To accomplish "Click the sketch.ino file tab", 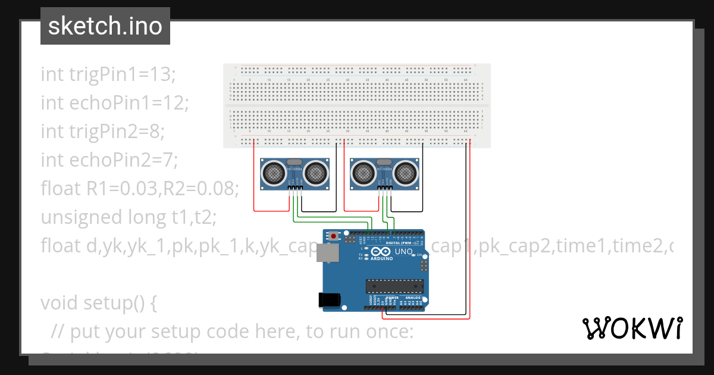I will [105, 26].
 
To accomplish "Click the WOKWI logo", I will [631, 328].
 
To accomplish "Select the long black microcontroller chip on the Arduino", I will [394, 286].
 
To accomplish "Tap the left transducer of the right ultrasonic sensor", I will [362, 173].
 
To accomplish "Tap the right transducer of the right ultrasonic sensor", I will [406, 173].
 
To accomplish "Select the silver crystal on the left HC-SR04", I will [295, 162].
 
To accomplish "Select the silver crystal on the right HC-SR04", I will [384, 162].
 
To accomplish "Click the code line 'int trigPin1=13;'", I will [108, 74].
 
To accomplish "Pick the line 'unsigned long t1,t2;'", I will [129, 217].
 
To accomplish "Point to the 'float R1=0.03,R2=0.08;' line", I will [139, 189].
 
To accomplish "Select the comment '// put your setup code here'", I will [232, 332].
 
